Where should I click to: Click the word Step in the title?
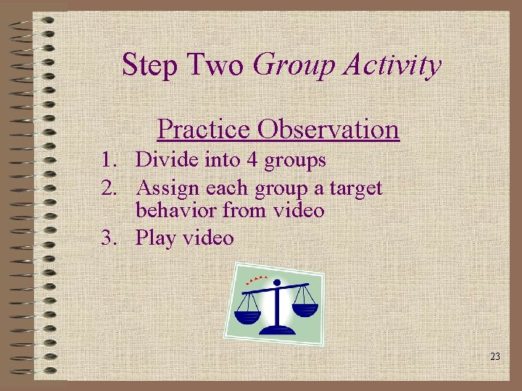(149, 65)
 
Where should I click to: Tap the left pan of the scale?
(249, 316)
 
